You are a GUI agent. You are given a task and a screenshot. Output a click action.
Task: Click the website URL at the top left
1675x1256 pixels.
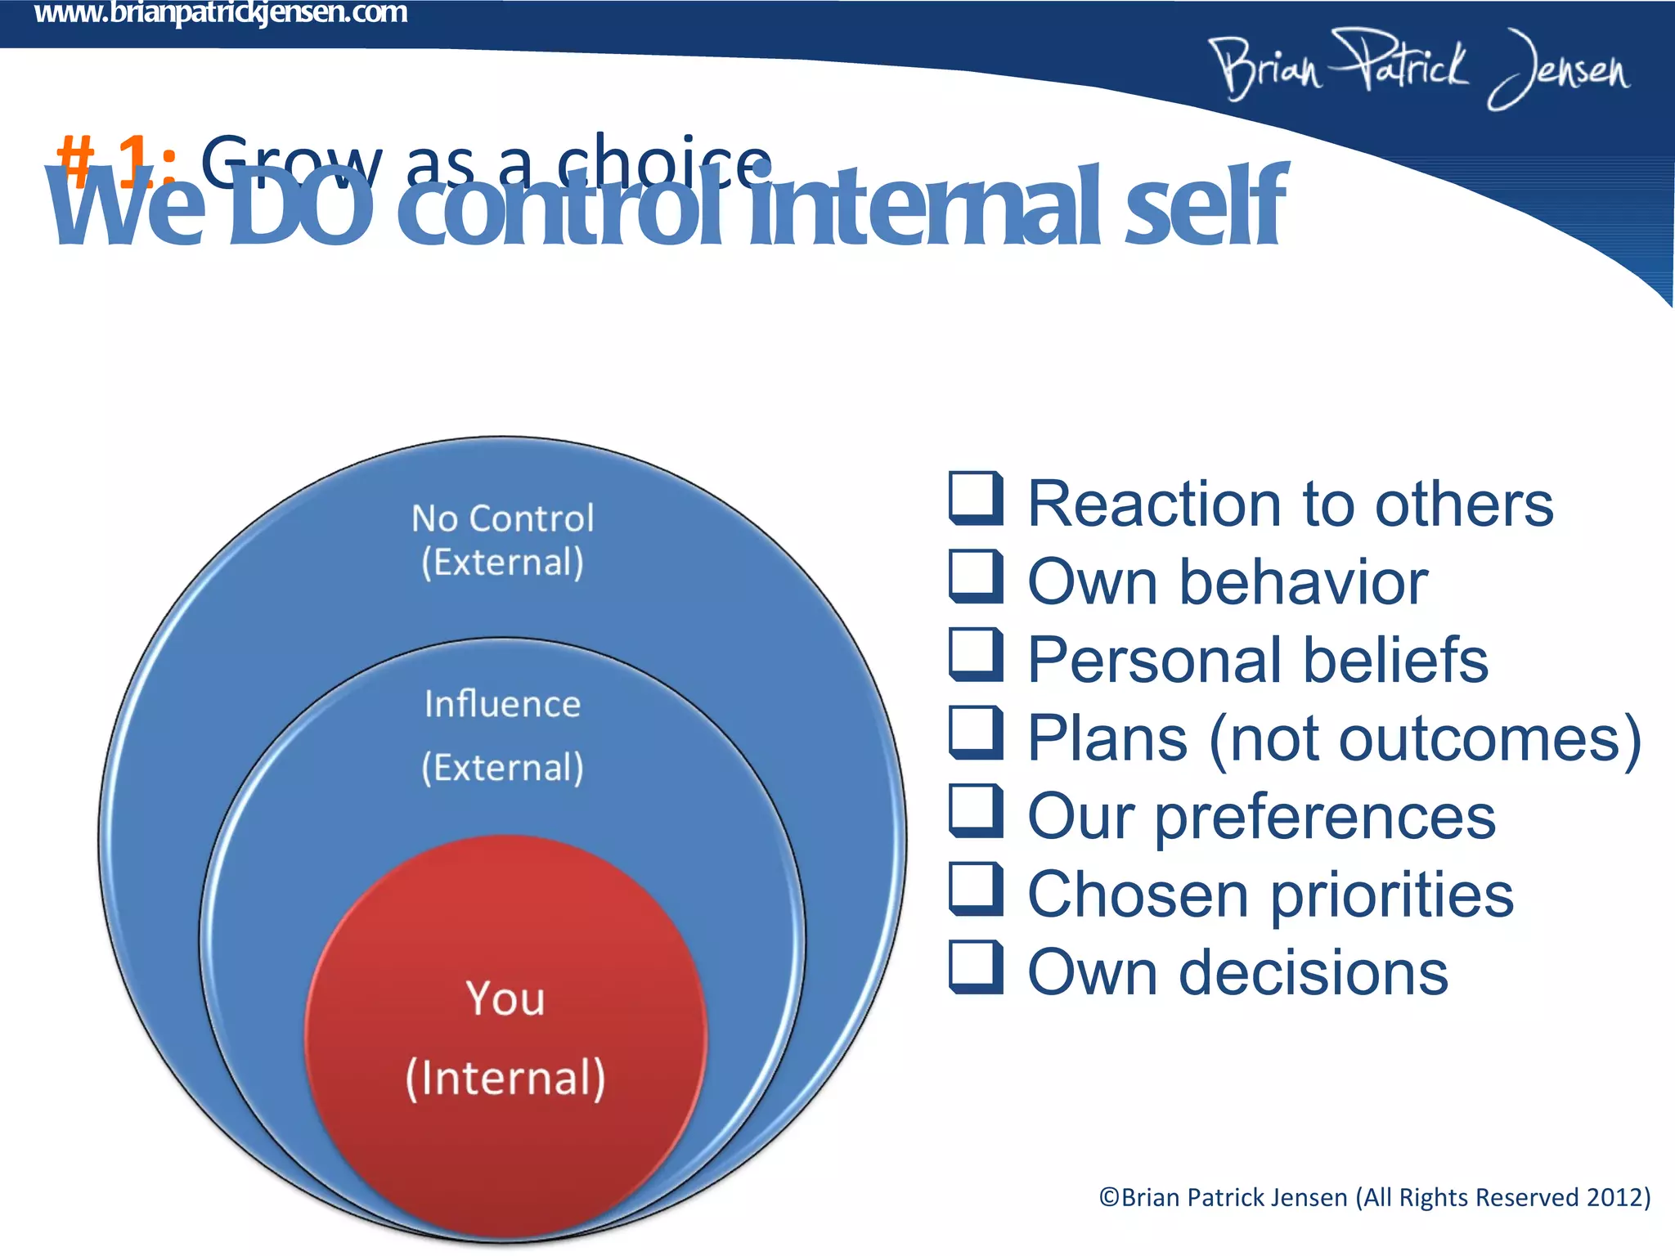point(220,14)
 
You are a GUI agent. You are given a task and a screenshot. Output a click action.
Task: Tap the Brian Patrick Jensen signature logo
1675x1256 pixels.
point(1419,69)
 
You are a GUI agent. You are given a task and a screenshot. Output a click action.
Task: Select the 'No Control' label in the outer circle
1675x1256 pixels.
point(502,518)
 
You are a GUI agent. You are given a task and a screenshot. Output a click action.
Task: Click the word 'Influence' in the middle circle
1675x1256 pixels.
point(502,704)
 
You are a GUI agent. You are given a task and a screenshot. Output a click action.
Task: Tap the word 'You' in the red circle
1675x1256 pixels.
point(505,998)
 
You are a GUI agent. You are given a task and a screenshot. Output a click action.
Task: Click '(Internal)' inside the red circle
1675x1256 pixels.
point(505,1078)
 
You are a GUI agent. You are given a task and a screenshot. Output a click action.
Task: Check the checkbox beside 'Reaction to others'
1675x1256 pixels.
point(975,497)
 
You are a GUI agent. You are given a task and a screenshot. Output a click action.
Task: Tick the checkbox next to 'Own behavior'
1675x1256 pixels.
point(975,576)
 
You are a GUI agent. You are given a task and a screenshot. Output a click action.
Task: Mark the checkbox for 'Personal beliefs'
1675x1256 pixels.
point(975,654)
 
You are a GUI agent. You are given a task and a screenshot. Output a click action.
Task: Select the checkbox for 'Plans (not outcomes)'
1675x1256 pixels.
point(975,733)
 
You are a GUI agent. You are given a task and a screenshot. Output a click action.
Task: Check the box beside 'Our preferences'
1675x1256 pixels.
point(975,810)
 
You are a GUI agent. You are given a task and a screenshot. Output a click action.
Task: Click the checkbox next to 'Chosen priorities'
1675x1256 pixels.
point(975,889)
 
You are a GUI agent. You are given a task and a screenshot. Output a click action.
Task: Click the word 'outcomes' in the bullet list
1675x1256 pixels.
point(1480,739)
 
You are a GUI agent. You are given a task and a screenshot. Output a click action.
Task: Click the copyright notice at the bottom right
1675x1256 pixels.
point(1374,1197)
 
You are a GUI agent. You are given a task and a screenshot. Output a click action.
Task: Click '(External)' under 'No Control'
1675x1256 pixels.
point(502,563)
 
